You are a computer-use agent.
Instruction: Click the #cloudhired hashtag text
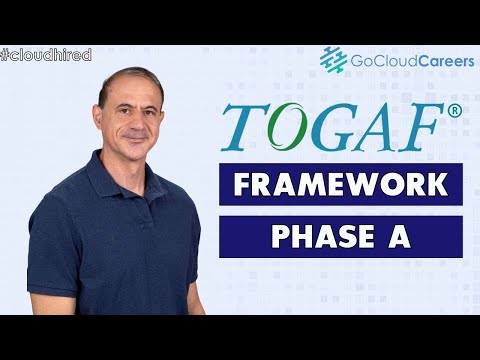pyautogui.click(x=47, y=54)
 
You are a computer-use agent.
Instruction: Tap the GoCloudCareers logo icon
pyautogui.click(x=333, y=60)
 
